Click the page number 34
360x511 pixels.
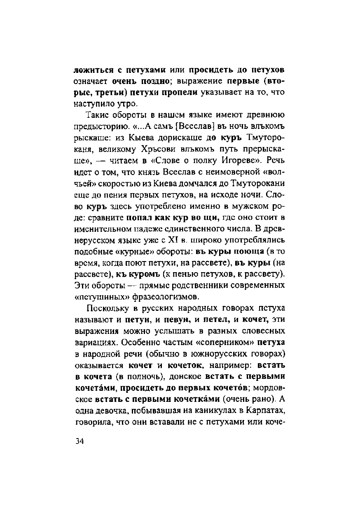pos(79,441)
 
